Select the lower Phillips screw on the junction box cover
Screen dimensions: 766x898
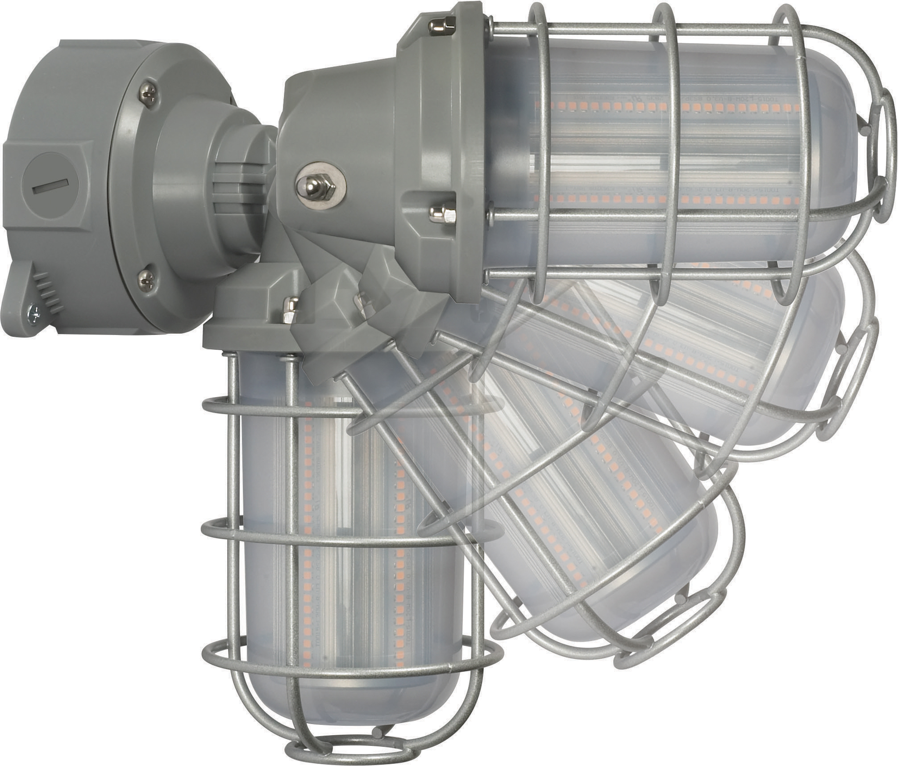coord(146,280)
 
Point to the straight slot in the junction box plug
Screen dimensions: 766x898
coord(50,187)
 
